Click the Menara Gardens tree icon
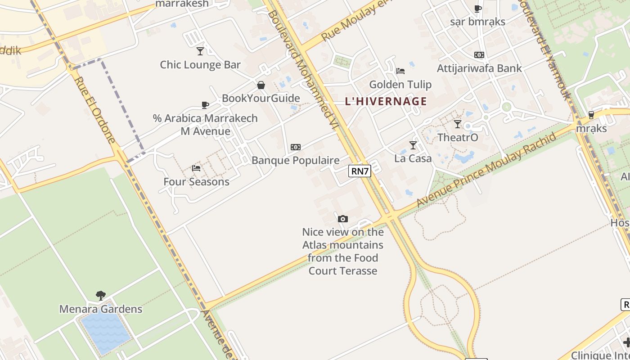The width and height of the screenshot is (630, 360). point(101,296)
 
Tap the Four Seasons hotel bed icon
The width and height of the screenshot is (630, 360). point(196,168)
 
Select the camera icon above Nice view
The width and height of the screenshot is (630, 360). point(343,219)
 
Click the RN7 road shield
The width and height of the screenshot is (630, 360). point(360,171)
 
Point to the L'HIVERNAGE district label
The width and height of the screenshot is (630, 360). point(386,101)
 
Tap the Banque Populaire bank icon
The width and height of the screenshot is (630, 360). point(296,147)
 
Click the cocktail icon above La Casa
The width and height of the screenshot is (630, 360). point(413,145)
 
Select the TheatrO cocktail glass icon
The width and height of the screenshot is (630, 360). point(458,124)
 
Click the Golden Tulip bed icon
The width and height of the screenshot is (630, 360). point(400,71)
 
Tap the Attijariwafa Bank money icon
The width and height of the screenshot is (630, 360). point(479,55)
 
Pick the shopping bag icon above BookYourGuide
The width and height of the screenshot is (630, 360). point(261,85)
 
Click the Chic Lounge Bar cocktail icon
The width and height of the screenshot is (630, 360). point(200,51)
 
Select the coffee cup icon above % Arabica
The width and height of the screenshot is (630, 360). point(205,105)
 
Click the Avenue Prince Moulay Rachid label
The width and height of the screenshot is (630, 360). point(486,171)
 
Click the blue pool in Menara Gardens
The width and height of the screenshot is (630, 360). point(105,332)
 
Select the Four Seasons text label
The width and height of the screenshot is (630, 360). point(196,182)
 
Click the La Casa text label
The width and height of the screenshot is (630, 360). point(413,158)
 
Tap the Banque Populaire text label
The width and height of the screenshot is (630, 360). point(296,161)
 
